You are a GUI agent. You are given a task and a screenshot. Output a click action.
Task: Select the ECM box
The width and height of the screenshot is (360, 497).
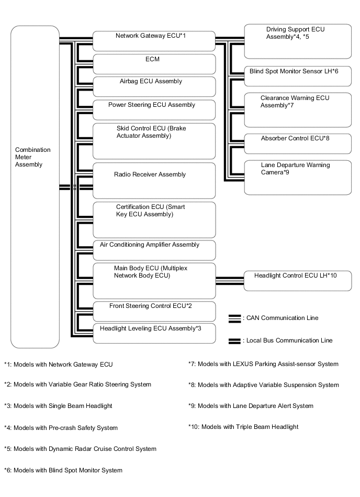pyautogui.click(x=154, y=64)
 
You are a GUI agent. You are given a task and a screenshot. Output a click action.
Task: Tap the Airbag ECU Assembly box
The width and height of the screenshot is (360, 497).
pyautogui.click(x=154, y=86)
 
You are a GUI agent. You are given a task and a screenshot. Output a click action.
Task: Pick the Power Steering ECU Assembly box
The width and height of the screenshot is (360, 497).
pyautogui.click(x=154, y=109)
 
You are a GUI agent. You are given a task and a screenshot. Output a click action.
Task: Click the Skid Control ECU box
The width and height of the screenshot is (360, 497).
pyautogui.click(x=154, y=140)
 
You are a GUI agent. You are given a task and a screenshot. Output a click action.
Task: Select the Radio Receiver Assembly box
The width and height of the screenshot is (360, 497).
pyautogui.click(x=154, y=180)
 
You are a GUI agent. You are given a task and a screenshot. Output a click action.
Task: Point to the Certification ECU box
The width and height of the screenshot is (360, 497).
pyautogui.click(x=154, y=219)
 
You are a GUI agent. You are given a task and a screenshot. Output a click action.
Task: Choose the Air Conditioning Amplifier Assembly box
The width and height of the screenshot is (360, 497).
pyautogui.click(x=154, y=250)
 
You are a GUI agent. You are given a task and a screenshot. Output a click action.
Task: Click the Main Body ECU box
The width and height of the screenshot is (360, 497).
pyautogui.click(x=154, y=280)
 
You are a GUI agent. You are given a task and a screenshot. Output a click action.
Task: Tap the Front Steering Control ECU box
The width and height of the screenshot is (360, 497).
pyautogui.click(x=154, y=311)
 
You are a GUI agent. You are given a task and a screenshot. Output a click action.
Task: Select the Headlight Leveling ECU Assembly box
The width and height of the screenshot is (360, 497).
pyautogui.click(x=154, y=333)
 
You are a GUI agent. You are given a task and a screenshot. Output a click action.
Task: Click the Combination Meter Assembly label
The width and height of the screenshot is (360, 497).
pyautogui.click(x=33, y=157)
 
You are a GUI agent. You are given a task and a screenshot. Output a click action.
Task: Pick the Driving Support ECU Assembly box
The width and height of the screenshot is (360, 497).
pyautogui.click(x=298, y=41)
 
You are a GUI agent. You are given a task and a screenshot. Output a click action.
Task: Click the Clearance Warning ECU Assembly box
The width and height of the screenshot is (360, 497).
pyautogui.click(x=298, y=109)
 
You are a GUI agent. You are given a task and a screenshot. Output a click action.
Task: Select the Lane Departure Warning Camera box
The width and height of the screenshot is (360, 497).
pyautogui.click(x=298, y=177)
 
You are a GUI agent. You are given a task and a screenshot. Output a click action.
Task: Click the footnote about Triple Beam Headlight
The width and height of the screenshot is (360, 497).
pyautogui.click(x=243, y=427)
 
